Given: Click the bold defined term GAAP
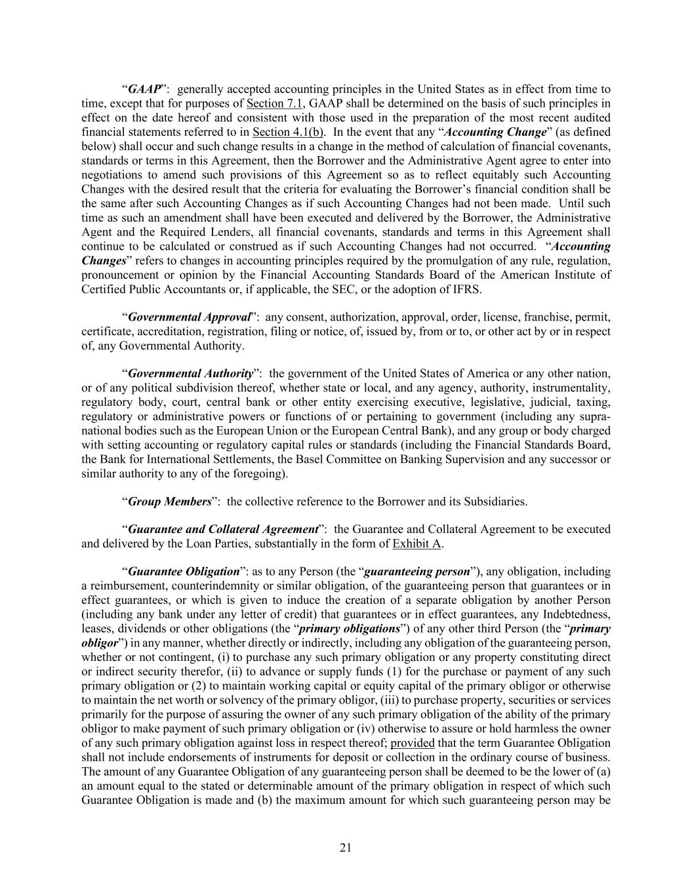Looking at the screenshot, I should pos(144,89).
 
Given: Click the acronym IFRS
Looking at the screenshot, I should pos(466,289).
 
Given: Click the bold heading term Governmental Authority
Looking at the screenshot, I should pos(190,374).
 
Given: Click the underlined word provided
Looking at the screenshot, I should pos(412,743).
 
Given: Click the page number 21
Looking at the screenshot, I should pos(346,848).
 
